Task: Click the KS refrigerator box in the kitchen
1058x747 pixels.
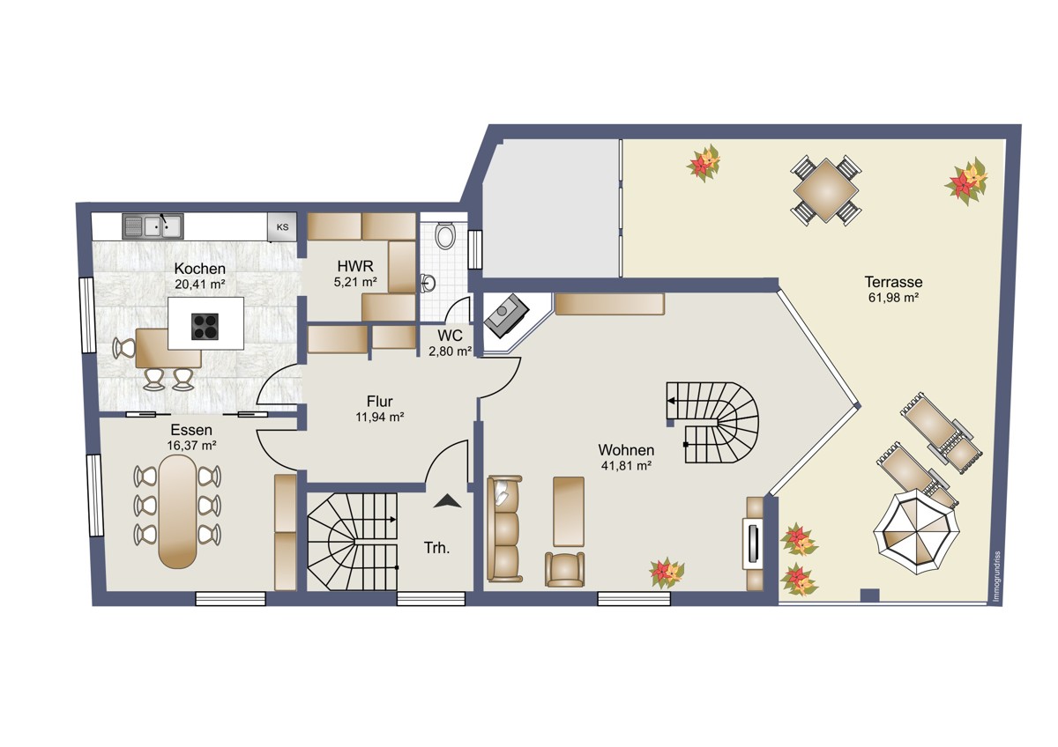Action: pos(282,227)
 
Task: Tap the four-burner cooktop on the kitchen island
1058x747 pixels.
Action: pos(205,327)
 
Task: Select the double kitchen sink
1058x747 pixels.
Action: pos(153,226)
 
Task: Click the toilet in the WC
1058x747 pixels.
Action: pos(444,235)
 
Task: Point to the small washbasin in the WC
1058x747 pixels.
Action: pos(428,283)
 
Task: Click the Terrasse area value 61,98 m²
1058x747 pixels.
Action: pos(893,298)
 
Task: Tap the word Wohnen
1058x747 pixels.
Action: pos(626,450)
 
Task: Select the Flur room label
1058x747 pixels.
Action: pos(380,402)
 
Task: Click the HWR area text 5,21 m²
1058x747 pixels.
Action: pos(355,282)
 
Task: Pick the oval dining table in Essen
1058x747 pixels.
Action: pos(177,511)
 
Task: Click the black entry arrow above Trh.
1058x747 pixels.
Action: pos(447,501)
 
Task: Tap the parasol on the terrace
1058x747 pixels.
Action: pos(917,531)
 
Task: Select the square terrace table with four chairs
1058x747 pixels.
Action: pos(825,190)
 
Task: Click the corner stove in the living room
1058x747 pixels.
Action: pos(506,315)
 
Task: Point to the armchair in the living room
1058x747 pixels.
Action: pos(564,569)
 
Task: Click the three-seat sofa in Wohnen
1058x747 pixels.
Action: pos(504,528)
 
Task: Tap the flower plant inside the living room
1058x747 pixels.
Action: pos(667,573)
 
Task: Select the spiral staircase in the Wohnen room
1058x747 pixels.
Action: pos(712,423)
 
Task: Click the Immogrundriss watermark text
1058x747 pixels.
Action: pos(996,577)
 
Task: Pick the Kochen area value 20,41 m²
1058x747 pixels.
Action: pos(200,284)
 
